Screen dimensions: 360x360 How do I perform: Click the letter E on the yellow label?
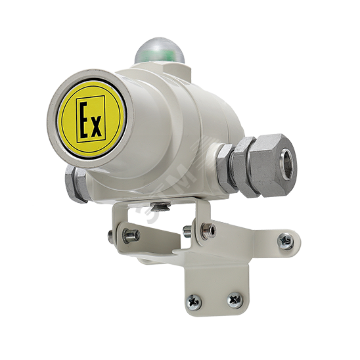pyautogui.click(x=84, y=120)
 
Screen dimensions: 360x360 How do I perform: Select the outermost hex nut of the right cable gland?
pyautogui.click(x=275, y=165)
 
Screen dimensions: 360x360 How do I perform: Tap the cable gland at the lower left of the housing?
pyautogui.click(x=75, y=184)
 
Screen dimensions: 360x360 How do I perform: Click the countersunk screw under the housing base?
pyautogui.click(x=160, y=206)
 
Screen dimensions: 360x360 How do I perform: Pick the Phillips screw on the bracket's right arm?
pyautogui.click(x=286, y=241)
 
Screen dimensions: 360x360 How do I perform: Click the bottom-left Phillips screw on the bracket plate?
pyautogui.click(x=194, y=302)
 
